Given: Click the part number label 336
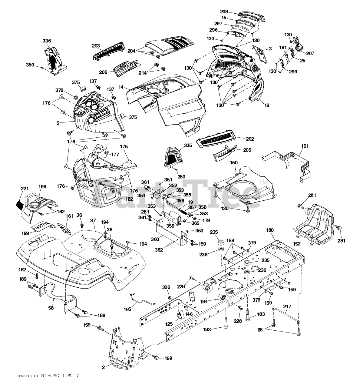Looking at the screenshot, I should click(47, 41).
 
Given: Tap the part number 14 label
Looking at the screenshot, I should click(121, 87).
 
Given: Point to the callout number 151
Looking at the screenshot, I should click(305, 146).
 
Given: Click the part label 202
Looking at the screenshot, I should click(250, 139).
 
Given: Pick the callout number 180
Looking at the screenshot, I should click(270, 230).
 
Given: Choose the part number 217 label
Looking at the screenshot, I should click(287, 307).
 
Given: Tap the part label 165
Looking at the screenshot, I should click(128, 309).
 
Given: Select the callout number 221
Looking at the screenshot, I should click(24, 189).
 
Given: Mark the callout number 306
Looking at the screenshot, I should click(166, 287).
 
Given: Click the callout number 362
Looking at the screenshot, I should click(159, 250).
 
